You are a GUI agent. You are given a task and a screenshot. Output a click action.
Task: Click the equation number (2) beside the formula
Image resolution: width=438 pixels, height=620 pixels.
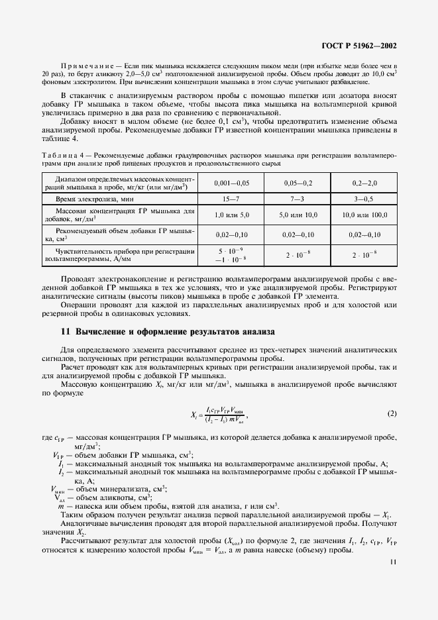(391, 414)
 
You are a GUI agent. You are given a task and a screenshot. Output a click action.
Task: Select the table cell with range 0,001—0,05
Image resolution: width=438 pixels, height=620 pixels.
(229, 183)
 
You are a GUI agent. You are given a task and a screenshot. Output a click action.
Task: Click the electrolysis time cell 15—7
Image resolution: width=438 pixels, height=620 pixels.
(229, 199)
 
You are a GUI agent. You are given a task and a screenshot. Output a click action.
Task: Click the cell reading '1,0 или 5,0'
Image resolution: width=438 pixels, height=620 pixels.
(229, 215)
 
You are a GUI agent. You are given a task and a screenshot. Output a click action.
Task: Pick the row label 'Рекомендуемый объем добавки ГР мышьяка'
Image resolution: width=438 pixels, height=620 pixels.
(118, 234)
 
